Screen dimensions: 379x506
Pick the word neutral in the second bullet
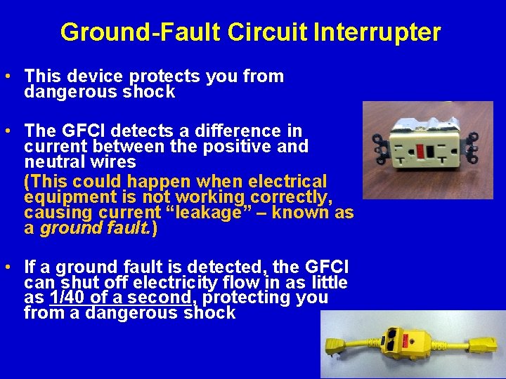point(53,161)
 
